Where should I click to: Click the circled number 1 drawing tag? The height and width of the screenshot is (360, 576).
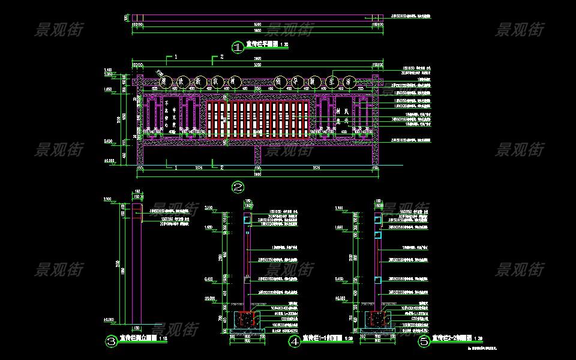[237, 46]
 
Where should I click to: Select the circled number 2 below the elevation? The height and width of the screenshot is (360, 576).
[238, 187]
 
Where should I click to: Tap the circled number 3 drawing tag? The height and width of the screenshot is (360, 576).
[111, 341]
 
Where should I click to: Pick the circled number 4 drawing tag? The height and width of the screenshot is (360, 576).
[295, 341]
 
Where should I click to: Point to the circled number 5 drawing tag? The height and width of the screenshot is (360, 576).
[424, 341]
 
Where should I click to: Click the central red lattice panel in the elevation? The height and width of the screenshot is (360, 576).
[258, 117]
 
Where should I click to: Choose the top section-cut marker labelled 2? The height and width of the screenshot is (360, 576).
[221, 56]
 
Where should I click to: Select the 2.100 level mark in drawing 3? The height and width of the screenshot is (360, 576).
[108, 199]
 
